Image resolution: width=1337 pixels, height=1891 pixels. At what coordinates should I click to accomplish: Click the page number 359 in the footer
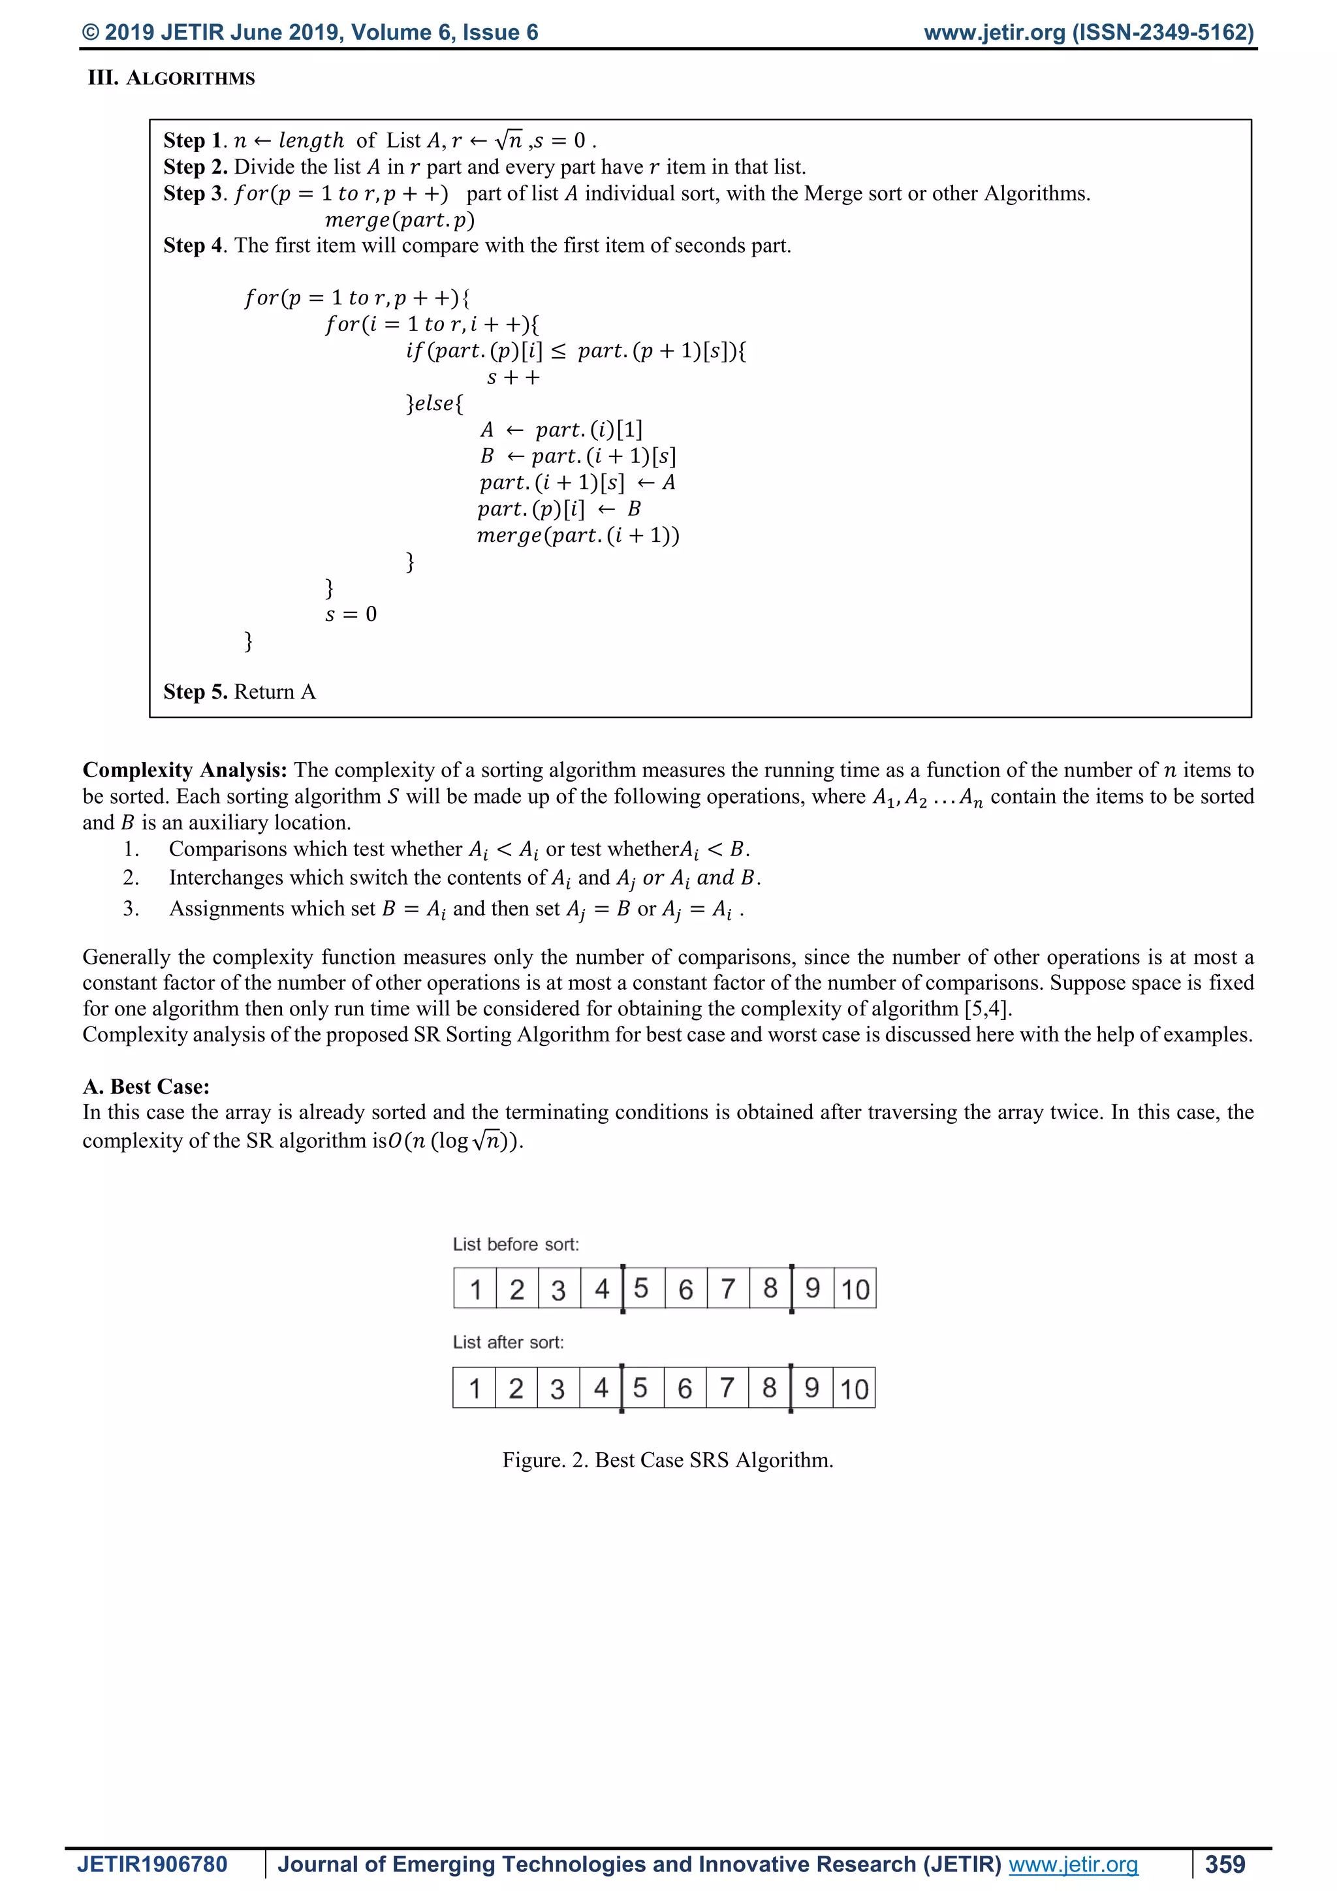click(1225, 1864)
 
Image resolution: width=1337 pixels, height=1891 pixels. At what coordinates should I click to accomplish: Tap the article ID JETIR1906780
click(152, 1864)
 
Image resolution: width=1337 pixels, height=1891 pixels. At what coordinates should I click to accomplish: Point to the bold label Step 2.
click(195, 167)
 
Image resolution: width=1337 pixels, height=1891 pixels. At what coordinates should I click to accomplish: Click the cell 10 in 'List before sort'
click(855, 1289)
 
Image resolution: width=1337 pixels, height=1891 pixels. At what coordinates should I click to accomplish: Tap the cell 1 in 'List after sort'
click(474, 1389)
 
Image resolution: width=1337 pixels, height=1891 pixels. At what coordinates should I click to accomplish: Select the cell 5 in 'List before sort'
click(641, 1288)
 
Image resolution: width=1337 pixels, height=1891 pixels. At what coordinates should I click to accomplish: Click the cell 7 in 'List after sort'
click(727, 1389)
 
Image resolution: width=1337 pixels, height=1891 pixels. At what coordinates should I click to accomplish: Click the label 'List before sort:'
click(516, 1245)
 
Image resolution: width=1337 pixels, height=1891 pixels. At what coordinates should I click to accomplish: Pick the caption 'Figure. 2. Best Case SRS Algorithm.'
click(668, 1460)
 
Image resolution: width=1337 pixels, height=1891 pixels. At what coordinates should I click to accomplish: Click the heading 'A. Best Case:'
click(146, 1087)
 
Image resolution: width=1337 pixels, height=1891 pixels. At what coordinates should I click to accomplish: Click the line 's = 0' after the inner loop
click(351, 614)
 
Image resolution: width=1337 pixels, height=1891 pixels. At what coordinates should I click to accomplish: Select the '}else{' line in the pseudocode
click(434, 404)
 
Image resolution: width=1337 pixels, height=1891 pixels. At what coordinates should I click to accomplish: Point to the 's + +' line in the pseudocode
click(513, 378)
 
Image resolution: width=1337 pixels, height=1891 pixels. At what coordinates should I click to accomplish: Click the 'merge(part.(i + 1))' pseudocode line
click(578, 535)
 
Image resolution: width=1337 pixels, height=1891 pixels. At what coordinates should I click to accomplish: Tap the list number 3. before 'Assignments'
click(131, 908)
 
